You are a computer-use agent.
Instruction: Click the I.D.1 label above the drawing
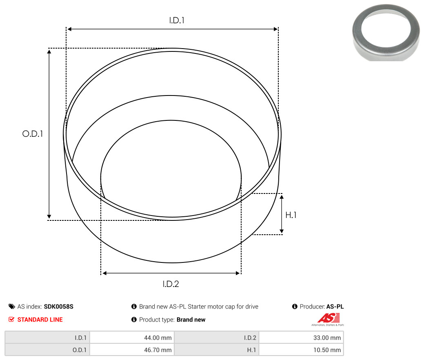[x=177, y=20]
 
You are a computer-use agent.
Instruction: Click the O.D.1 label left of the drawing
[x=33, y=133]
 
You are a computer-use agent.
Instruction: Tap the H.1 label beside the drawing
[x=291, y=215]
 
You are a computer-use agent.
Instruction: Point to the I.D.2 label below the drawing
[x=171, y=284]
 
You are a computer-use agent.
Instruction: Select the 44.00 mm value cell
[x=132, y=338]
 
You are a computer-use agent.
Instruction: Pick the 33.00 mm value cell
[x=301, y=338]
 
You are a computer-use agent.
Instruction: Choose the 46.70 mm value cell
[x=132, y=350]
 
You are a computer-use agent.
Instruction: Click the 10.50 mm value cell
[x=301, y=350]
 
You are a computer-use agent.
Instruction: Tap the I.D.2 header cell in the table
[x=217, y=338]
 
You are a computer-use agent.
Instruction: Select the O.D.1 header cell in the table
[x=47, y=350]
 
